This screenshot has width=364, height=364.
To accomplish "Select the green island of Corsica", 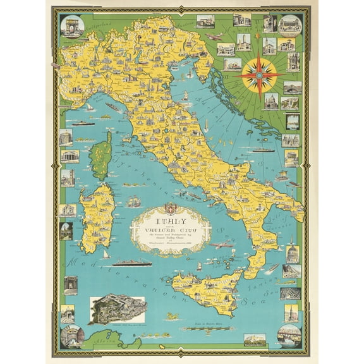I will (100, 155).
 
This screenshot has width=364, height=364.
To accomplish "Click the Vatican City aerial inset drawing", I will (118, 309).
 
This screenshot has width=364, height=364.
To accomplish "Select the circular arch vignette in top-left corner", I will (71, 27).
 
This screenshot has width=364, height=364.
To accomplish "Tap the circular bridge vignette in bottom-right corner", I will (289, 336).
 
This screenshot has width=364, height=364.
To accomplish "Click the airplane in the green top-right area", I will (214, 37).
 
